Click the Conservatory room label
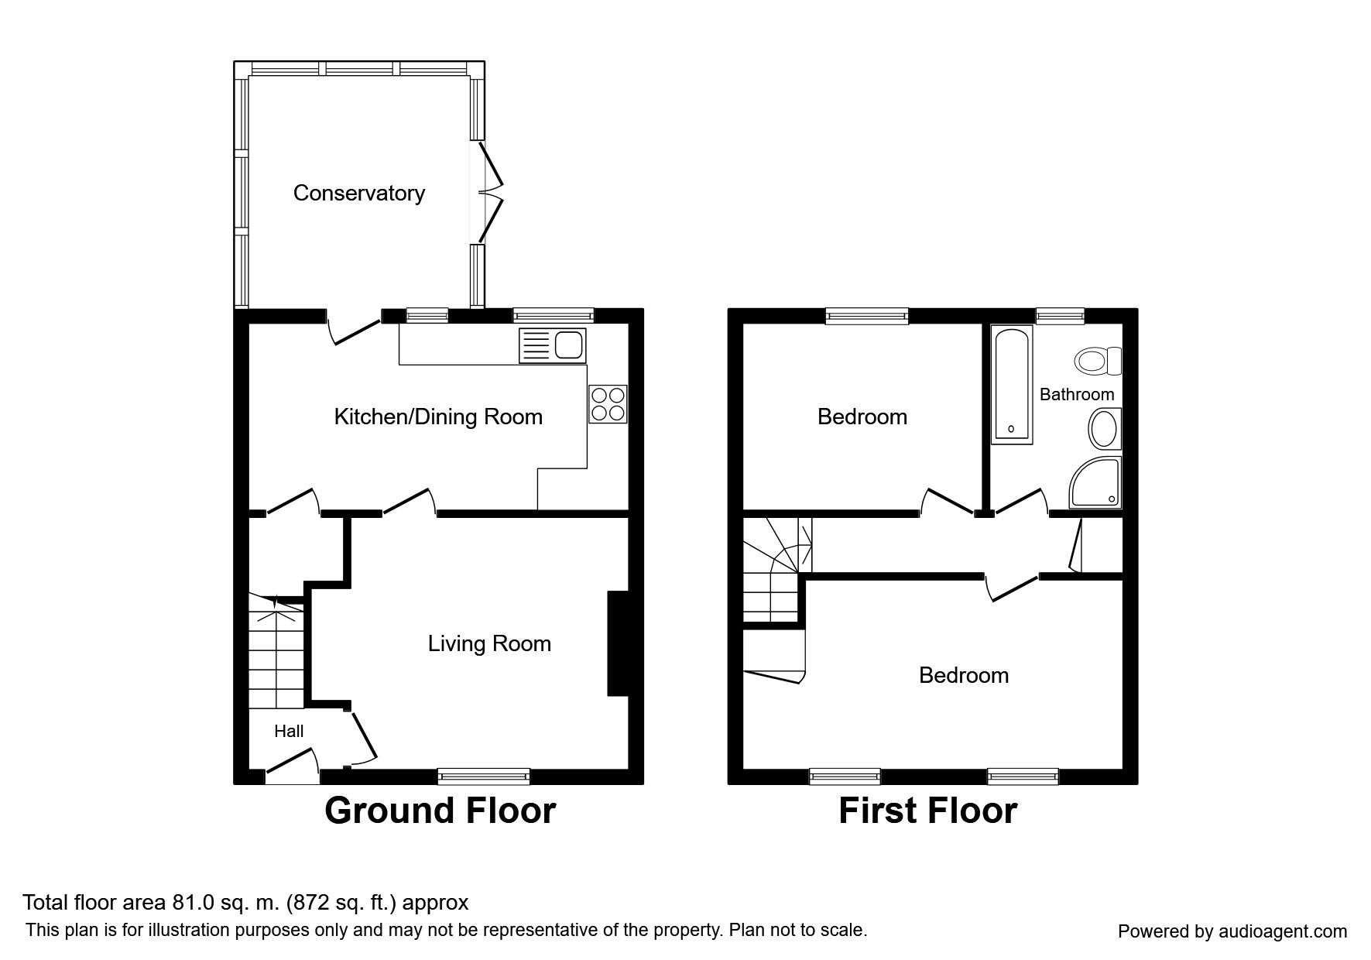tap(359, 193)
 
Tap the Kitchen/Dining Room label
tap(438, 417)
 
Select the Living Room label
tap(489, 643)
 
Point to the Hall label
tap(289, 731)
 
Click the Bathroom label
tap(1077, 395)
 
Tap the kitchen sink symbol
tap(554, 345)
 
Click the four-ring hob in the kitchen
tap(608, 404)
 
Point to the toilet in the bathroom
tap(1098, 361)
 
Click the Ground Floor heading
tap(440, 811)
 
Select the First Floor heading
tap(927, 811)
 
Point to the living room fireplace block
tap(618, 644)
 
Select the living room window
tap(484, 776)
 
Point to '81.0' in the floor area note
tap(186, 903)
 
